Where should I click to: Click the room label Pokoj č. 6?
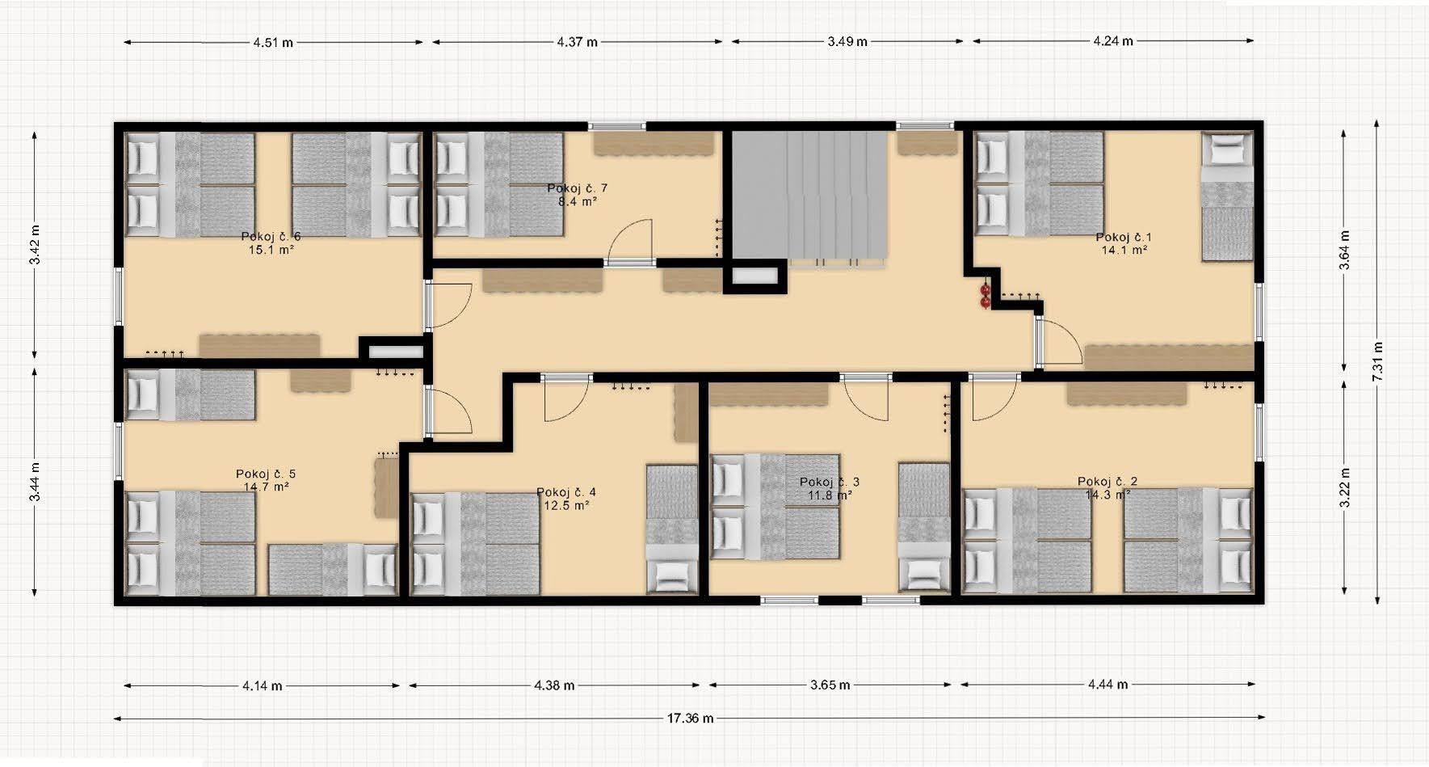[271, 237]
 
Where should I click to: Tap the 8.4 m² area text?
[577, 201]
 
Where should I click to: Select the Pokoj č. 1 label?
[1124, 237]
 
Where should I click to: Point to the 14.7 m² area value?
[267, 487]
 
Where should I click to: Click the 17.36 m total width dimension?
[689, 718]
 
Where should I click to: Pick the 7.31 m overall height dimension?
[1377, 362]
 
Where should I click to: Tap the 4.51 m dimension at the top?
[273, 42]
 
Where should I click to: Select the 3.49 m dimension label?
[847, 41]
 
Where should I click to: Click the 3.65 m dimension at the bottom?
[830, 685]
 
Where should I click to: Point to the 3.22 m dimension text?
[1345, 488]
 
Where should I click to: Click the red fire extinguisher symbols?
[985, 296]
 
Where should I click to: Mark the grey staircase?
[810, 196]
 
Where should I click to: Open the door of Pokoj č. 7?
[630, 241]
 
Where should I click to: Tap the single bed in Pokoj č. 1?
[1227, 196]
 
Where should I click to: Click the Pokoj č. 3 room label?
[829, 482]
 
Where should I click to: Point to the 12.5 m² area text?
[565, 505]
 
